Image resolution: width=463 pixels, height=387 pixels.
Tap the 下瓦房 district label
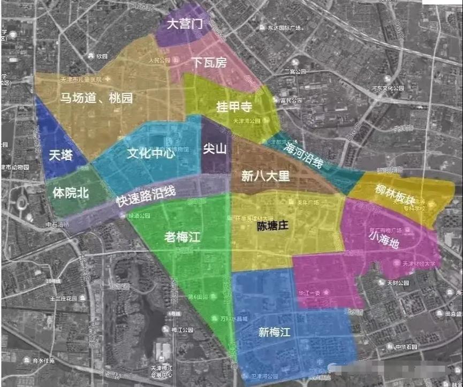(209, 63)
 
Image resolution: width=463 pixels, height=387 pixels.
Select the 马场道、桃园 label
(96, 98)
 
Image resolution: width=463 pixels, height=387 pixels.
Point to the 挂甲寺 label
(234, 107)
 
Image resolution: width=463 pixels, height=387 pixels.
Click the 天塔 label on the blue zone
(59, 155)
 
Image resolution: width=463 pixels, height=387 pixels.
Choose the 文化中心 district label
(151, 154)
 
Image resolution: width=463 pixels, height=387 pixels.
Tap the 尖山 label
(215, 149)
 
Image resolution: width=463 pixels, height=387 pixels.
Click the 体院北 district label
(71, 193)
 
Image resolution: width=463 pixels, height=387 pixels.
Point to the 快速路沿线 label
(146, 196)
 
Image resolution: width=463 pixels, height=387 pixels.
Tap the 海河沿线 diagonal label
(305, 155)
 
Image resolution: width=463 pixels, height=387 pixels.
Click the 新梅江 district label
(274, 332)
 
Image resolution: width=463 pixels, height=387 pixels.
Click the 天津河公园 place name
(247, 122)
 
